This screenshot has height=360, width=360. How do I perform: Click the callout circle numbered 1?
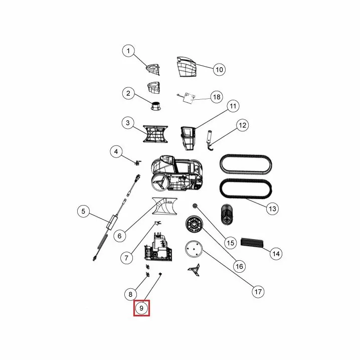(128, 51)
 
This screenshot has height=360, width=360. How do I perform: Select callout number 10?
(219, 69)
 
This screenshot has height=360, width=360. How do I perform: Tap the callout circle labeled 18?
(217, 97)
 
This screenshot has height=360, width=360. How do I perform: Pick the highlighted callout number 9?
(141, 308)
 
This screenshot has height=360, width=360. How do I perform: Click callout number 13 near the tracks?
(272, 209)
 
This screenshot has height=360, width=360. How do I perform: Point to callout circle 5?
(83, 211)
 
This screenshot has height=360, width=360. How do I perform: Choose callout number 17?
(258, 292)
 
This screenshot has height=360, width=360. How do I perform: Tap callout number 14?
(276, 254)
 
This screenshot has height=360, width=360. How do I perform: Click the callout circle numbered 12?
(243, 125)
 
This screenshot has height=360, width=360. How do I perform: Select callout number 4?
(116, 151)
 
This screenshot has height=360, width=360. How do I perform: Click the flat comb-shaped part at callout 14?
(251, 243)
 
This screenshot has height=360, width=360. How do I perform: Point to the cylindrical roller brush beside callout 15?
(227, 214)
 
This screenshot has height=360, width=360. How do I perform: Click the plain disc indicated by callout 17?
(194, 249)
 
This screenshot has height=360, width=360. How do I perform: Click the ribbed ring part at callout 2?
(156, 106)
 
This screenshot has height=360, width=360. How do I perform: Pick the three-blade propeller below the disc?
(194, 270)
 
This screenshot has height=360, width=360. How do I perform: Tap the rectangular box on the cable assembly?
(112, 222)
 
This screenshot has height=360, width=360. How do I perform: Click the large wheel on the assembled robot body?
(160, 183)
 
